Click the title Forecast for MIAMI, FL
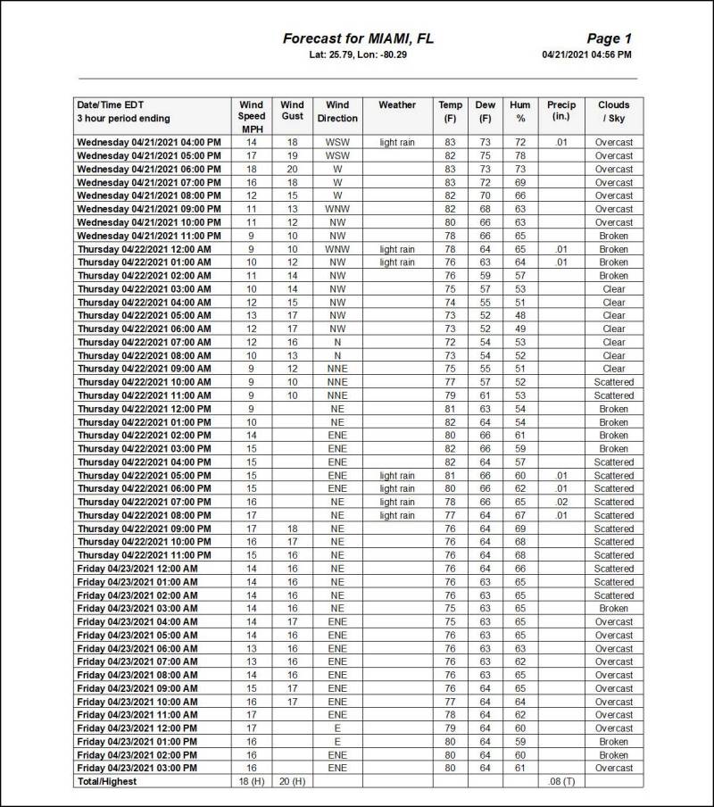click(358, 38)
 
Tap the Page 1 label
click(609, 38)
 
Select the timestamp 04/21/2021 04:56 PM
click(586, 54)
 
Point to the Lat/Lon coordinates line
click(358, 54)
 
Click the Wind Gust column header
click(292, 111)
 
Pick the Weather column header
click(396, 105)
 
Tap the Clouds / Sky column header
click(614, 112)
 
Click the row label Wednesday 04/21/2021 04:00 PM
click(148, 142)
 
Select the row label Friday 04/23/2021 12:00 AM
click(137, 569)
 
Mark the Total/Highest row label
click(107, 782)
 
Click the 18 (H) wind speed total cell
click(251, 782)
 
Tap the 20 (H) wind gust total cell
click(292, 782)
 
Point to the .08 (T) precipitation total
click(560, 782)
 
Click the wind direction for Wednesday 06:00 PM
click(336, 169)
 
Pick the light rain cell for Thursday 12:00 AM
click(396, 249)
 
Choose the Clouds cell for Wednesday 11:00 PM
click(614, 236)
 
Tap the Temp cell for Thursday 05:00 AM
click(450, 315)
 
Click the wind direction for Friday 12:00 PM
click(336, 728)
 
